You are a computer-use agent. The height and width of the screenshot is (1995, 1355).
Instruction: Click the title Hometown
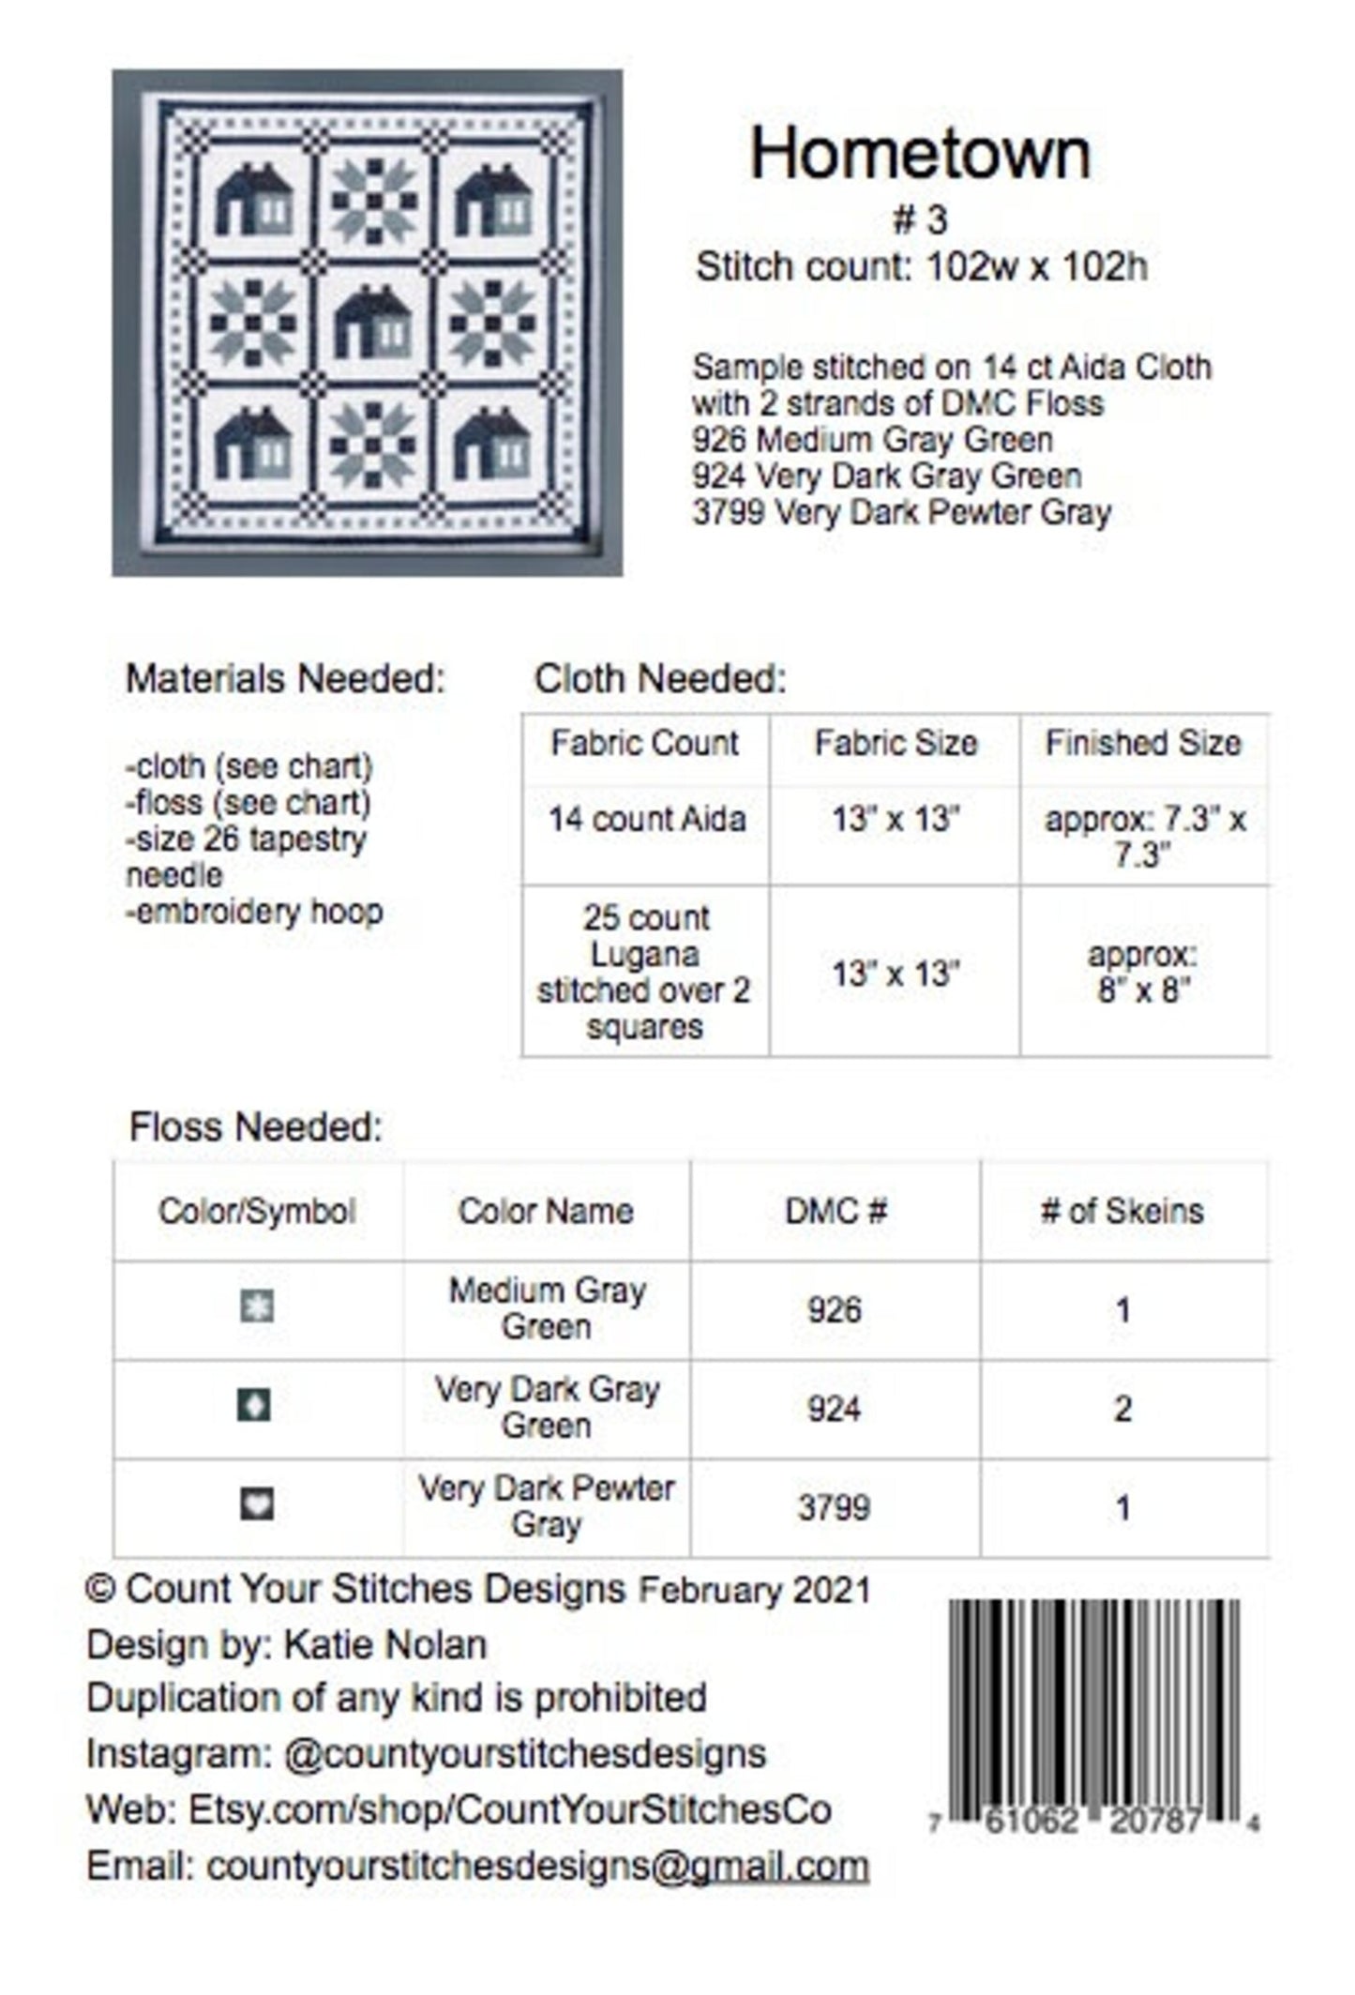920,155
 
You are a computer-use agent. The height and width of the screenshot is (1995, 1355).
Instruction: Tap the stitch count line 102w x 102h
921,268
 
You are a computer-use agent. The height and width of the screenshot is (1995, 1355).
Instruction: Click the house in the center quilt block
372,323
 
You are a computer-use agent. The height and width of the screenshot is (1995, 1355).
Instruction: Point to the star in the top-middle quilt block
372,199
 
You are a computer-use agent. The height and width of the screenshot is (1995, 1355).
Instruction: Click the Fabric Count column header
644,744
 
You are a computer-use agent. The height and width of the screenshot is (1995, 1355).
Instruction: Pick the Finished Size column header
1143,744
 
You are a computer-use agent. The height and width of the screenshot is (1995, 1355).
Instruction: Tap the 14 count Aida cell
646,820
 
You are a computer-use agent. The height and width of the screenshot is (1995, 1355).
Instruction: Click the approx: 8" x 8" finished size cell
1143,973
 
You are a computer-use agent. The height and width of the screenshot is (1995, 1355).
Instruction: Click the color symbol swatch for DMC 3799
257,1504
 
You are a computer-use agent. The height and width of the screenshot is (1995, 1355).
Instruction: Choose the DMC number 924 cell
834,1408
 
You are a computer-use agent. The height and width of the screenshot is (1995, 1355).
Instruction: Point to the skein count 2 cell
1122,1408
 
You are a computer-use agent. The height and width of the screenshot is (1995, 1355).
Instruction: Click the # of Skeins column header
1122,1211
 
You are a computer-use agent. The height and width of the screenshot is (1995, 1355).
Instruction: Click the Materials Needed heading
285,679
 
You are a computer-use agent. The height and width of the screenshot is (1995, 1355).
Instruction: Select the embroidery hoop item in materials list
255,912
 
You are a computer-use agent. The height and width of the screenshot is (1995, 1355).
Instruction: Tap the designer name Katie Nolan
384,1645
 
